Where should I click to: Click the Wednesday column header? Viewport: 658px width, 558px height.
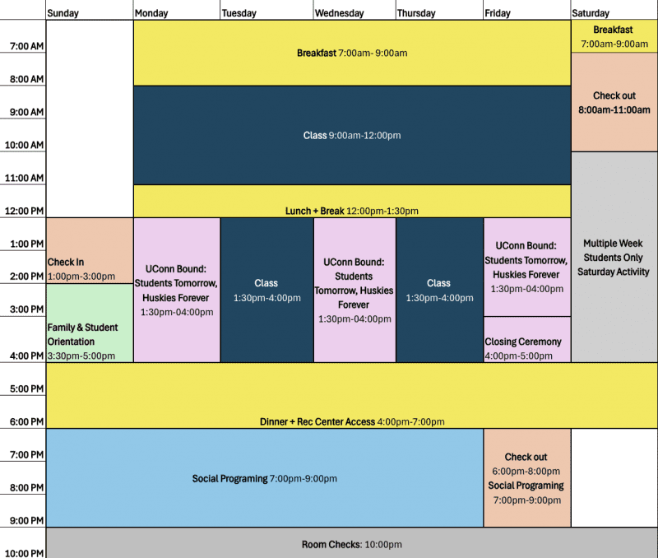click(x=339, y=13)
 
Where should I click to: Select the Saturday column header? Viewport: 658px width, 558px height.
click(x=591, y=13)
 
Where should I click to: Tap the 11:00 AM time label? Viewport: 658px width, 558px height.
click(x=25, y=178)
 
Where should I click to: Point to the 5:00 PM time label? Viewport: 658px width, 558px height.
click(x=27, y=388)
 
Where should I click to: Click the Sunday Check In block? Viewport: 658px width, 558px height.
click(x=90, y=251)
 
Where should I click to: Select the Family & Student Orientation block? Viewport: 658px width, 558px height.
click(x=90, y=323)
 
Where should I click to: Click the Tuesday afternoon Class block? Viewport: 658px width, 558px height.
click(x=266, y=291)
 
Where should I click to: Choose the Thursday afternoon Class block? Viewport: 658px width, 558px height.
click(x=439, y=291)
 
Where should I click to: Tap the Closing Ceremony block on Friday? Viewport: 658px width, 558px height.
click(x=527, y=339)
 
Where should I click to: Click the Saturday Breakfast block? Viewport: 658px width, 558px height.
click(x=614, y=36)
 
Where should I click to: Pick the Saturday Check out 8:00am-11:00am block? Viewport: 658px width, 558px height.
click(x=614, y=102)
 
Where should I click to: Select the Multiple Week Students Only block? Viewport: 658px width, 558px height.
click(x=614, y=257)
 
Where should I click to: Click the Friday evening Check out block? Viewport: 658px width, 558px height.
click(x=527, y=478)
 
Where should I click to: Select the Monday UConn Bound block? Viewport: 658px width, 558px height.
click(x=177, y=291)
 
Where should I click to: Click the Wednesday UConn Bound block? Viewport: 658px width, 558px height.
click(x=354, y=291)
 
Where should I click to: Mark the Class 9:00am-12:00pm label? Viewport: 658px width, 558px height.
click(x=352, y=135)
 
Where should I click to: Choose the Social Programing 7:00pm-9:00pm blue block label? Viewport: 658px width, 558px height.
click(x=264, y=479)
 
